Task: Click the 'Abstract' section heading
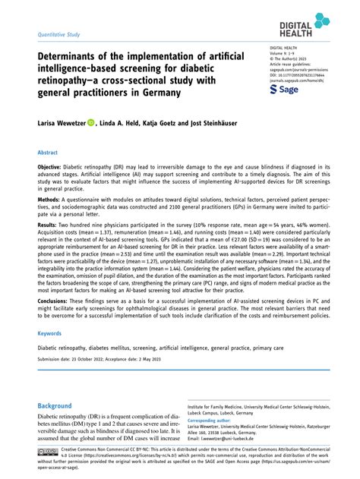(x=49, y=153)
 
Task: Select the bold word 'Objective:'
(x=55, y=166)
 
